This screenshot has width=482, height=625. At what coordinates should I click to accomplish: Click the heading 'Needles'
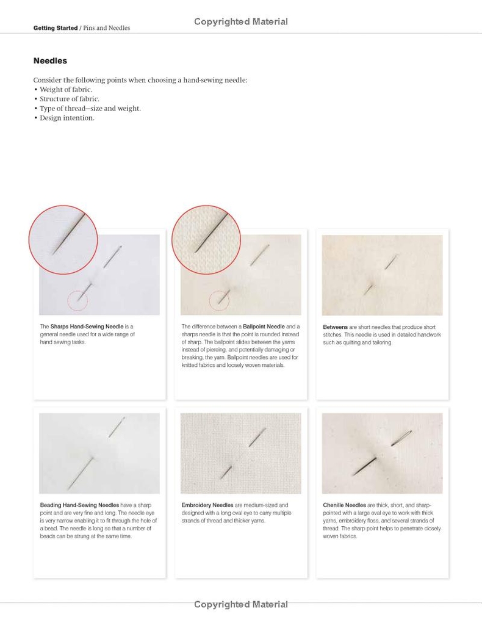(50, 61)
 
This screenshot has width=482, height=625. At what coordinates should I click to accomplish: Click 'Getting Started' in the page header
(56, 28)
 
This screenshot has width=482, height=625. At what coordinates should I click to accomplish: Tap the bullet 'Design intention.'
(67, 118)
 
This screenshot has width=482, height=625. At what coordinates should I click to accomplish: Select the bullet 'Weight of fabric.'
(65, 89)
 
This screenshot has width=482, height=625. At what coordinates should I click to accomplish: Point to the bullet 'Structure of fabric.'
(69, 99)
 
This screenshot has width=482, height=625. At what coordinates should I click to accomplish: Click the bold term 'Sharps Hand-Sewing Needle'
(87, 327)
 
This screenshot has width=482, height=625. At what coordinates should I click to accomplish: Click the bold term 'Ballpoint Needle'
(264, 327)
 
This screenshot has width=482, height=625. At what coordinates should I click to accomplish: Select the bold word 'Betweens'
(335, 327)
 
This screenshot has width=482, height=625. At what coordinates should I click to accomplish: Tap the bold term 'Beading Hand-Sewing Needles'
(79, 505)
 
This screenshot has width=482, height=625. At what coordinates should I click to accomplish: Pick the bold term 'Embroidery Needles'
(207, 505)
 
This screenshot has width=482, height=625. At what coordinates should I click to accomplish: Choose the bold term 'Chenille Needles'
(344, 505)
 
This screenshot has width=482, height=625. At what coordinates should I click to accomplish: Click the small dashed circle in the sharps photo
(77, 300)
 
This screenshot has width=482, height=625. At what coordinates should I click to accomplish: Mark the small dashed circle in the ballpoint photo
(219, 300)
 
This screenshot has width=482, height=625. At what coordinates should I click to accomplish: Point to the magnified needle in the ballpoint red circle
(211, 233)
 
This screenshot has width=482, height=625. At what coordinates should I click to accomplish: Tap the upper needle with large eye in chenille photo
(401, 438)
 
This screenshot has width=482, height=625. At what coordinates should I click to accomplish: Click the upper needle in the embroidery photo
(257, 436)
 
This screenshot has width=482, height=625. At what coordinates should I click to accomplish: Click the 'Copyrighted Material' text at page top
(240, 22)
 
